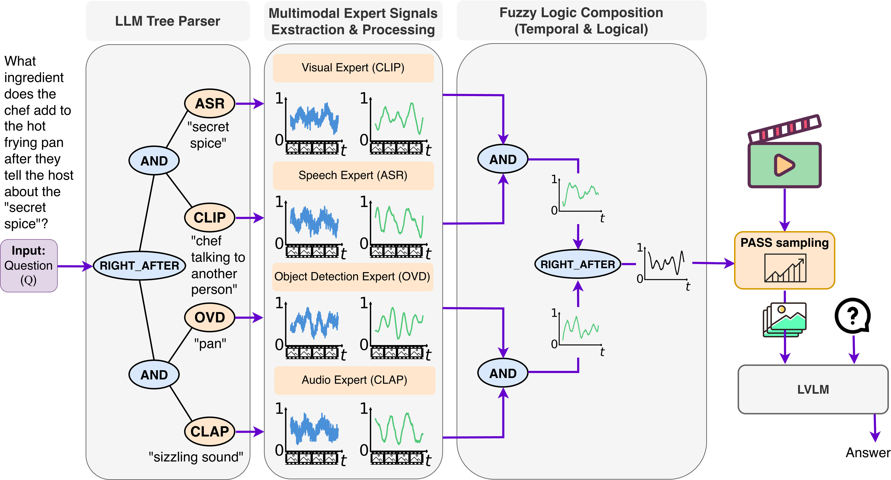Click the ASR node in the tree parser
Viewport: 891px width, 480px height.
click(210, 103)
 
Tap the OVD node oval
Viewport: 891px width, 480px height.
click(210, 317)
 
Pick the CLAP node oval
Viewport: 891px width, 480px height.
click(210, 431)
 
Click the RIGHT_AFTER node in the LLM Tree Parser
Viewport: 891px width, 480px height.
click(139, 266)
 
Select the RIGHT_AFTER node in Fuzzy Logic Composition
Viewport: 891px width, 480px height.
click(578, 264)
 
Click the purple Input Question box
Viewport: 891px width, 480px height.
click(29, 266)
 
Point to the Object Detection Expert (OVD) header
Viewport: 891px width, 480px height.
click(352, 277)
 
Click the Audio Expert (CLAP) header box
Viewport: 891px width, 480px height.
click(354, 380)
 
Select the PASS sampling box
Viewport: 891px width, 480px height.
click(785, 260)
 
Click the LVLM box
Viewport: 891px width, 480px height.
click(813, 389)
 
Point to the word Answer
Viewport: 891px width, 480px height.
click(867, 453)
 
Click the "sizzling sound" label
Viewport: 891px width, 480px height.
click(196, 457)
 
